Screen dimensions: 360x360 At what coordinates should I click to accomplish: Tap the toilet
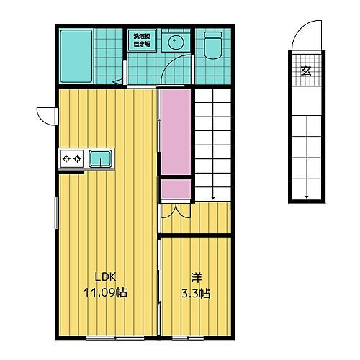click(x=212, y=45)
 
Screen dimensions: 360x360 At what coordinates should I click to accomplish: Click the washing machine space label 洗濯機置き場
click(x=140, y=40)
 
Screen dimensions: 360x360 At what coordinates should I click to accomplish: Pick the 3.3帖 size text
click(x=196, y=293)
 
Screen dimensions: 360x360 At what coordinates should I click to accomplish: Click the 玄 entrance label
click(x=305, y=71)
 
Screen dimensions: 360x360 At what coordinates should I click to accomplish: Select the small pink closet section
click(x=175, y=189)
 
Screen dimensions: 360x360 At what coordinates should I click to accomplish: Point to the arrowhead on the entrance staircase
click(x=307, y=196)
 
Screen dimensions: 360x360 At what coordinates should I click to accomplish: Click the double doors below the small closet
click(x=175, y=210)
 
